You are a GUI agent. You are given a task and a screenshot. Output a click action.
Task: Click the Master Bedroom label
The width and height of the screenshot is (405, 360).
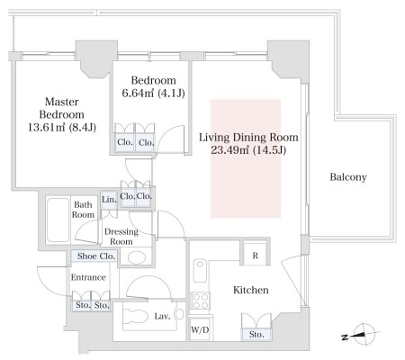point(62,108)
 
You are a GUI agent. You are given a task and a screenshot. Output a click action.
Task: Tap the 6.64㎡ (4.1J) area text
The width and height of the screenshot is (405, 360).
point(153,94)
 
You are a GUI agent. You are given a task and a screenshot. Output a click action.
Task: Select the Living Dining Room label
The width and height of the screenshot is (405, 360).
point(248,138)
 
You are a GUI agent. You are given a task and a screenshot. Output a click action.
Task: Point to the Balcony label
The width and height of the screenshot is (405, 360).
point(348,177)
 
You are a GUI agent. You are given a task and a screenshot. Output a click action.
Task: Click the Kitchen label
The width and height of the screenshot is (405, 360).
point(251,290)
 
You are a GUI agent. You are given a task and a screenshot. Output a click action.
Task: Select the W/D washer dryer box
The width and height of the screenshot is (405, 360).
point(200,329)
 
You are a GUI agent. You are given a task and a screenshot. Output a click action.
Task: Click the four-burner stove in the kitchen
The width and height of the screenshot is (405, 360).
point(201,301)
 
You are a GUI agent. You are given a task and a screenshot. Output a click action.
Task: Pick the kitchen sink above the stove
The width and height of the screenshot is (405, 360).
point(200,271)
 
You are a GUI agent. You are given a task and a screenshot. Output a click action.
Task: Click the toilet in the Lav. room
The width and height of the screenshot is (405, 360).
point(136,317)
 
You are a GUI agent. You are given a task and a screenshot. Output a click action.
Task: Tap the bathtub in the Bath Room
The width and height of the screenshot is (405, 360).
point(58,220)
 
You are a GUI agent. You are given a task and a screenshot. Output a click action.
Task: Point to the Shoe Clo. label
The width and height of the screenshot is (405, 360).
point(96,256)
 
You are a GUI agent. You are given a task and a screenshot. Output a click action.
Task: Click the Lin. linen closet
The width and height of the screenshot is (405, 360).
point(109,200)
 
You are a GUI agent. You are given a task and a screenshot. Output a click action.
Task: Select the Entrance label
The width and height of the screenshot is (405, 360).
point(88,277)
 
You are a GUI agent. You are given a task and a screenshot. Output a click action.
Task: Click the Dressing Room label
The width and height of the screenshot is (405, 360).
point(121,237)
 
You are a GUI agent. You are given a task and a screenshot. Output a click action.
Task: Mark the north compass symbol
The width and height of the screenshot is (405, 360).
point(362,335)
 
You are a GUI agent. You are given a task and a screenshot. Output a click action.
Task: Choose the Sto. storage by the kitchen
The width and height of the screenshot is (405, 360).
point(256,335)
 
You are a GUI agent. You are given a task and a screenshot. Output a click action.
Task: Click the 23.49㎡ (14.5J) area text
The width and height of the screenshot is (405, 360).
point(248,150)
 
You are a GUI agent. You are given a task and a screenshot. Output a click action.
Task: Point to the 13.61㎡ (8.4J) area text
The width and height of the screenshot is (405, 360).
point(62,128)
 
